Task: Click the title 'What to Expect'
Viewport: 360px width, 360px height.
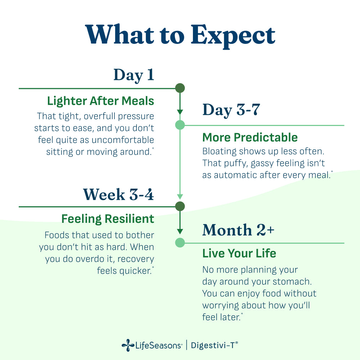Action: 180,35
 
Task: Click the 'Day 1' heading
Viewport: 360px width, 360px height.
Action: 134,75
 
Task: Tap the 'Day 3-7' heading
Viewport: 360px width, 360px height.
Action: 231,110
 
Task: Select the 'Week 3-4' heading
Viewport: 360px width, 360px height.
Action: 118,195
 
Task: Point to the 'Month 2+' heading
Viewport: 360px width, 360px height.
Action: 238,230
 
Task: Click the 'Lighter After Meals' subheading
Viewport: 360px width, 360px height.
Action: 100,101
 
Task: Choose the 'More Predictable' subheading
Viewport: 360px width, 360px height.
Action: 250,137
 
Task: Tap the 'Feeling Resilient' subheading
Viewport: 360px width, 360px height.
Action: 108,219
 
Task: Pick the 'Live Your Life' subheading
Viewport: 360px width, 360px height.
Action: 239,253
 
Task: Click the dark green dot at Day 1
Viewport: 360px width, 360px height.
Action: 180,88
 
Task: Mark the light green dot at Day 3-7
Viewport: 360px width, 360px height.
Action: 180,125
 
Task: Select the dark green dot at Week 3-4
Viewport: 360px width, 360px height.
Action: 180,206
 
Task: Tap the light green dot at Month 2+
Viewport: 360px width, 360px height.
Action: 180,243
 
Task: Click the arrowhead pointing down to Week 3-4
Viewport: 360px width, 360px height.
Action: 180,197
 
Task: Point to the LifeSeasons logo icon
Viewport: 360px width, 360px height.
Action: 128,345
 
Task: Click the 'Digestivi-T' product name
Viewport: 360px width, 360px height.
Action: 215,345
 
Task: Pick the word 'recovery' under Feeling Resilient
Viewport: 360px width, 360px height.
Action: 136,259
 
